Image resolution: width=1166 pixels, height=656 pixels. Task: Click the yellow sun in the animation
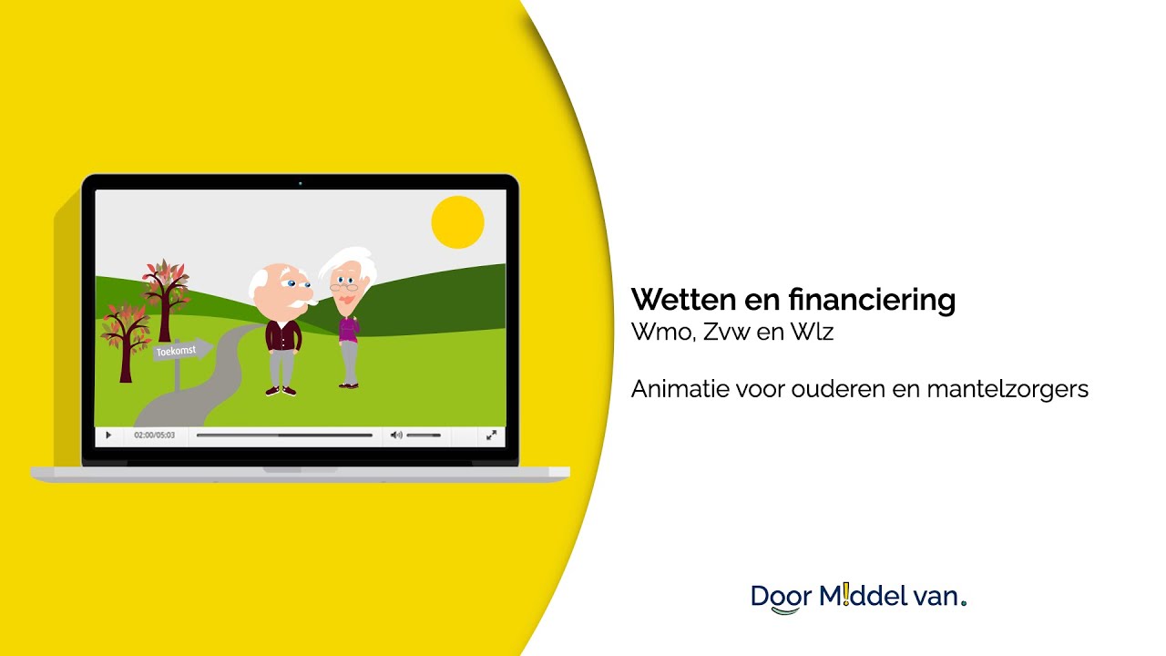[x=457, y=222]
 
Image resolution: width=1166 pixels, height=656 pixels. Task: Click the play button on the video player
[x=108, y=436]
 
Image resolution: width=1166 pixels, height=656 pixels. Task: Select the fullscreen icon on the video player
[x=491, y=436]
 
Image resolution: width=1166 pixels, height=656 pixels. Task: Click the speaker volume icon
[x=395, y=436]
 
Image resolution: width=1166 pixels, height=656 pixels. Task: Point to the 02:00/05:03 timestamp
[x=154, y=436]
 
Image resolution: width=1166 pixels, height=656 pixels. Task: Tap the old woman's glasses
[x=343, y=287]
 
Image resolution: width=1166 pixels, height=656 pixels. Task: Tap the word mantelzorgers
[x=1007, y=389]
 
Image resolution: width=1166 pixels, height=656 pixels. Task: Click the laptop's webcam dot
[x=300, y=183]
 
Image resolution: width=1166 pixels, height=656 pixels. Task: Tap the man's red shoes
[x=281, y=392]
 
